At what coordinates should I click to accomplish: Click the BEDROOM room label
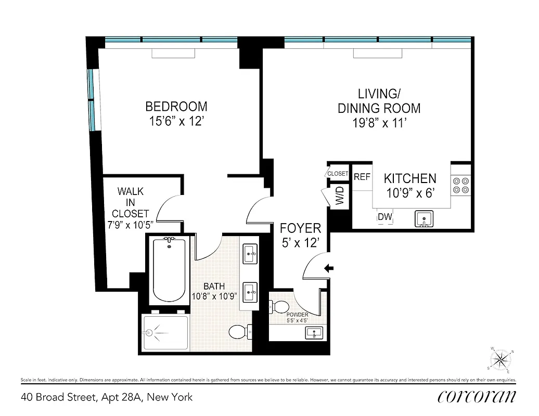point(176,107)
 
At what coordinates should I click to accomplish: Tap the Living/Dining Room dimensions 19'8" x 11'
point(379,124)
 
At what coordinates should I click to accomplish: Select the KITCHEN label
point(410,178)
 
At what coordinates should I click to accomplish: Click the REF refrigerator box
point(362,177)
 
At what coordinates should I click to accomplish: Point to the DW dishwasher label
point(384,217)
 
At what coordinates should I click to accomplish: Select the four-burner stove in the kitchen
point(461,186)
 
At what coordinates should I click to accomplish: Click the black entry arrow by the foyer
point(329,268)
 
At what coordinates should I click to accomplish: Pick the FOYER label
point(300,228)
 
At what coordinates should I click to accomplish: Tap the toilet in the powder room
point(280,307)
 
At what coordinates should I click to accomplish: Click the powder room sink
point(314,332)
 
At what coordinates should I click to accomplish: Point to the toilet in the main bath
point(240,331)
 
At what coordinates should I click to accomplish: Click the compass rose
point(502,359)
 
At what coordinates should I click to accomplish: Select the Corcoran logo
point(477,396)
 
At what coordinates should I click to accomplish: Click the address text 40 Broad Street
point(107,397)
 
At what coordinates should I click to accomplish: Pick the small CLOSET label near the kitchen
point(338,174)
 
